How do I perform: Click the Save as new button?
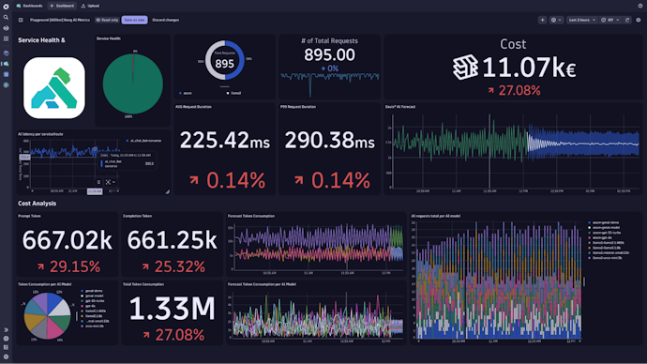click(x=135, y=19)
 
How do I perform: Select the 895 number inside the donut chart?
click(x=224, y=66)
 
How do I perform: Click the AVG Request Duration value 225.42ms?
click(x=225, y=141)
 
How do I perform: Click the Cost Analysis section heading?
click(x=38, y=203)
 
